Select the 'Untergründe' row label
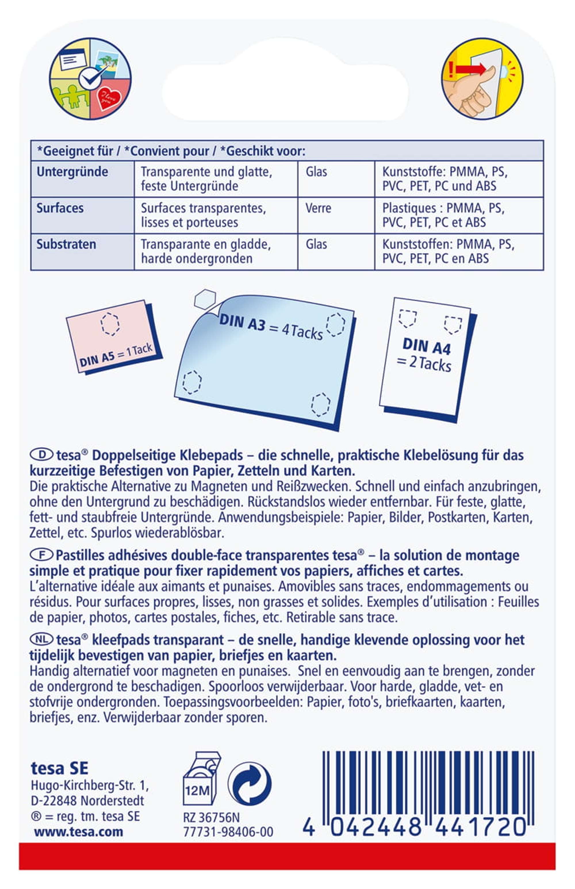[72, 172]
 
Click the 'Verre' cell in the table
[318, 208]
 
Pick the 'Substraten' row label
[66, 245]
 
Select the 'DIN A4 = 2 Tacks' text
[425, 355]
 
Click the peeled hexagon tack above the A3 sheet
[205, 299]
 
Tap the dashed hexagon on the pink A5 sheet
[110, 323]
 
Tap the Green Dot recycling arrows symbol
[250, 784]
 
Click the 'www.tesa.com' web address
[78, 832]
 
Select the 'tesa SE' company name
[60, 769]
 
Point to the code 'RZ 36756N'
[211, 817]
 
